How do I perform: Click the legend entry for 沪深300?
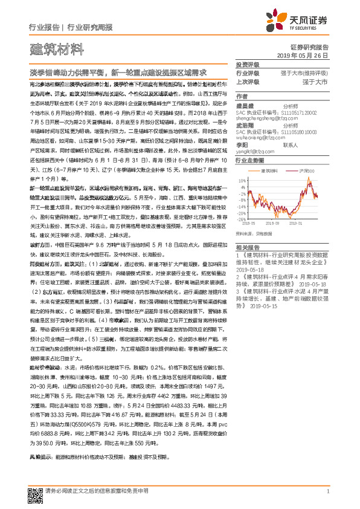coord(304,171)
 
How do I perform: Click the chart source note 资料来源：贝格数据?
coord(252,231)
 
